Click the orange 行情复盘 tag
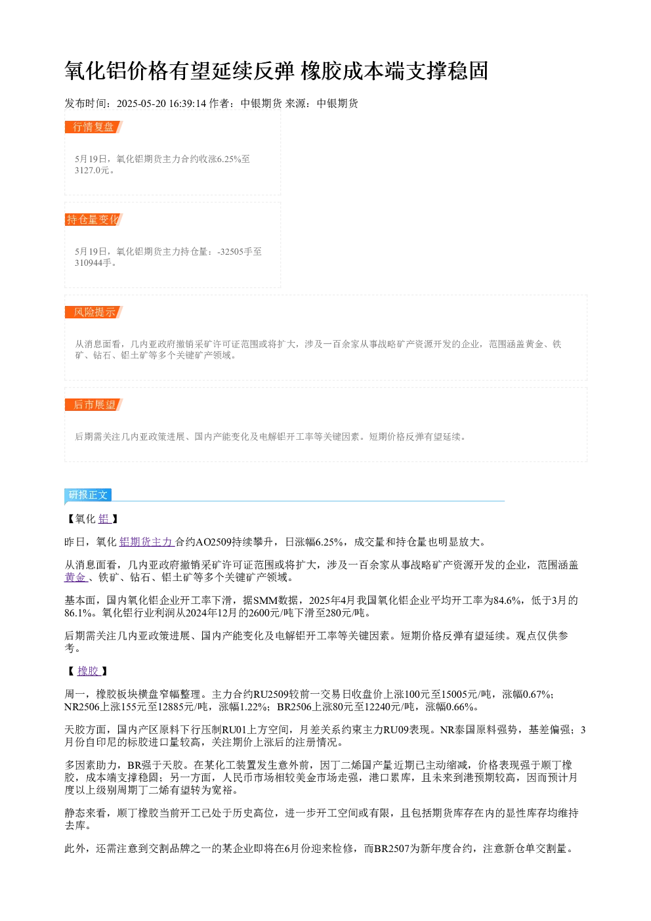pyautogui.click(x=93, y=127)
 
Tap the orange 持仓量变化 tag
pyautogui.click(x=93, y=219)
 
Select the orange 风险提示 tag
pyautogui.click(x=93, y=312)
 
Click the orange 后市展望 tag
pyautogui.click(x=93, y=404)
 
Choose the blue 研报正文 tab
pyautogui.click(x=88, y=495)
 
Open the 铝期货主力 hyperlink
pyautogui.click(x=147, y=542)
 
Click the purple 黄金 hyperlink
pyautogui.click(x=76, y=577)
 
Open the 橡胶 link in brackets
pyautogui.click(x=89, y=671)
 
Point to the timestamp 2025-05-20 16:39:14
pyautogui.click(x=161, y=103)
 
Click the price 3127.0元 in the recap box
pyautogui.click(x=92, y=170)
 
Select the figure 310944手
pyautogui.click(x=93, y=263)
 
